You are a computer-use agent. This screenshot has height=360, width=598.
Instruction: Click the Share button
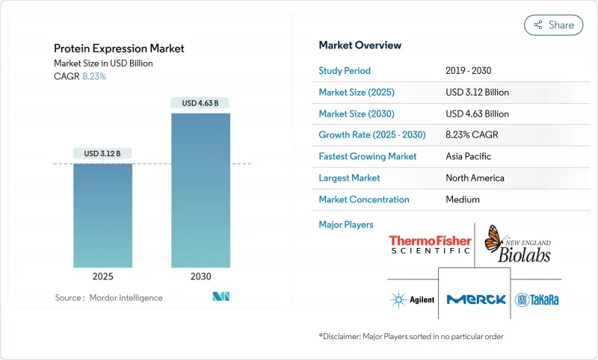click(554, 25)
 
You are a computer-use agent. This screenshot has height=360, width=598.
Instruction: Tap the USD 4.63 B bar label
click(200, 103)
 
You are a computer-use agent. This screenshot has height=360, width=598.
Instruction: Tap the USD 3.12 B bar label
click(102, 153)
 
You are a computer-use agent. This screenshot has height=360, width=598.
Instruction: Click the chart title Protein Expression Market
click(119, 49)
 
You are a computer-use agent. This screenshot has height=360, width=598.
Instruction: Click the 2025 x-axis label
click(102, 276)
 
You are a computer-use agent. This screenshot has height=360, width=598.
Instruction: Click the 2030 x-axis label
click(200, 276)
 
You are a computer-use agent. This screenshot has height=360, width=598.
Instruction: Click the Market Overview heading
click(360, 46)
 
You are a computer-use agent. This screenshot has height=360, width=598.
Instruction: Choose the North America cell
click(474, 178)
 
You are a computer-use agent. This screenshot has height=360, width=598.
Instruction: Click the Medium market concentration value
click(463, 199)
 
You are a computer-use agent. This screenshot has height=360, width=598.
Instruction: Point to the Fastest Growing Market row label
click(367, 157)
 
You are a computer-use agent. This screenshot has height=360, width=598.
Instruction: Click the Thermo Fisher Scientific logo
click(430, 244)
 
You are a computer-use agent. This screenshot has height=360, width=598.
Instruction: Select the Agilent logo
click(412, 300)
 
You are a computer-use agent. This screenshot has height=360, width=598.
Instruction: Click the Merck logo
click(475, 300)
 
